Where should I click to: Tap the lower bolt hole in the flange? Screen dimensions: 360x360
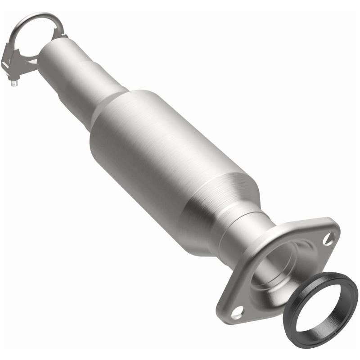click(x=238, y=310)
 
